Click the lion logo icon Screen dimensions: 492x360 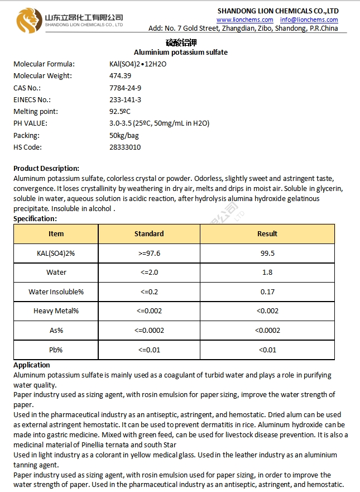pos(28,21)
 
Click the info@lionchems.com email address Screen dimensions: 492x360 pos(309,20)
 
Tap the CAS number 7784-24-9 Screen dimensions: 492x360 pos(125,88)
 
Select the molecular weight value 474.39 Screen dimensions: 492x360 pos(120,76)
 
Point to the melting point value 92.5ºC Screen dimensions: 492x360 pos(120,112)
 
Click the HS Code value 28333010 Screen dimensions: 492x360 pos(125,147)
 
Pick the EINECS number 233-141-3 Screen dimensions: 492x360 pos(125,99)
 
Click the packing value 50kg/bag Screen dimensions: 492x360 pos(124,136)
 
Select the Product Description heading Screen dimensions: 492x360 pos(46,168)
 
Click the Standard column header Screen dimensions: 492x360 pos(149,234)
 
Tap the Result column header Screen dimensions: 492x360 pos(267,234)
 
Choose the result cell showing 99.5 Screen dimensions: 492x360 pos(267,253)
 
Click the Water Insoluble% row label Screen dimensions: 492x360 pos(56,292)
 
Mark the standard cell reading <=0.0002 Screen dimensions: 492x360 pos(149,331)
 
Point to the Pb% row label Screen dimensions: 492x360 pos(56,350)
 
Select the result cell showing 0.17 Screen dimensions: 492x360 pos(267,292)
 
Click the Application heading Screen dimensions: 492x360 pos(32,365)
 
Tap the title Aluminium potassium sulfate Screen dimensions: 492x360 pos(181,52)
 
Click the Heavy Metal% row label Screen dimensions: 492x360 pos(56,311)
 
